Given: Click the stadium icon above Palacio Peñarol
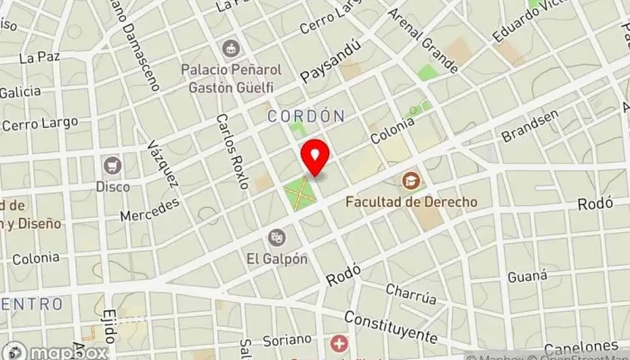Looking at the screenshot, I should click(x=232, y=48).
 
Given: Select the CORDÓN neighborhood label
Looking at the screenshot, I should click(x=306, y=116).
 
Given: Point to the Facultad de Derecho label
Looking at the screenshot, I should click(x=411, y=202).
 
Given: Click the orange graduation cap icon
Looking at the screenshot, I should click(x=411, y=181).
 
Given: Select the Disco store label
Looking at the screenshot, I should click(x=112, y=186).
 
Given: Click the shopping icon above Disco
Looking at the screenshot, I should click(x=112, y=166).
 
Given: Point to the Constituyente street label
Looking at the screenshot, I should click(x=390, y=327).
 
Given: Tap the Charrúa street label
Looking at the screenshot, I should click(x=410, y=293).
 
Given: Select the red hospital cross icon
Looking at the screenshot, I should click(x=339, y=344).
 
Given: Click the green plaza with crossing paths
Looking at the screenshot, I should click(x=301, y=191).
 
